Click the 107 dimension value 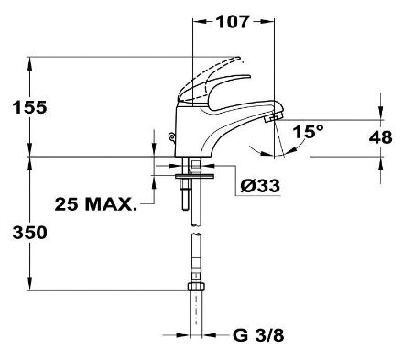click(x=233, y=21)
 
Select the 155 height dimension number click(x=29, y=107)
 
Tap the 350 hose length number click(x=29, y=233)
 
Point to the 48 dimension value click(x=380, y=137)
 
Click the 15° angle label click(x=308, y=132)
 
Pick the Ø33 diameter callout click(x=260, y=185)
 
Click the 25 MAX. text click(x=95, y=204)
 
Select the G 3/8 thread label click(x=258, y=335)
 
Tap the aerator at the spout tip click(x=272, y=116)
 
